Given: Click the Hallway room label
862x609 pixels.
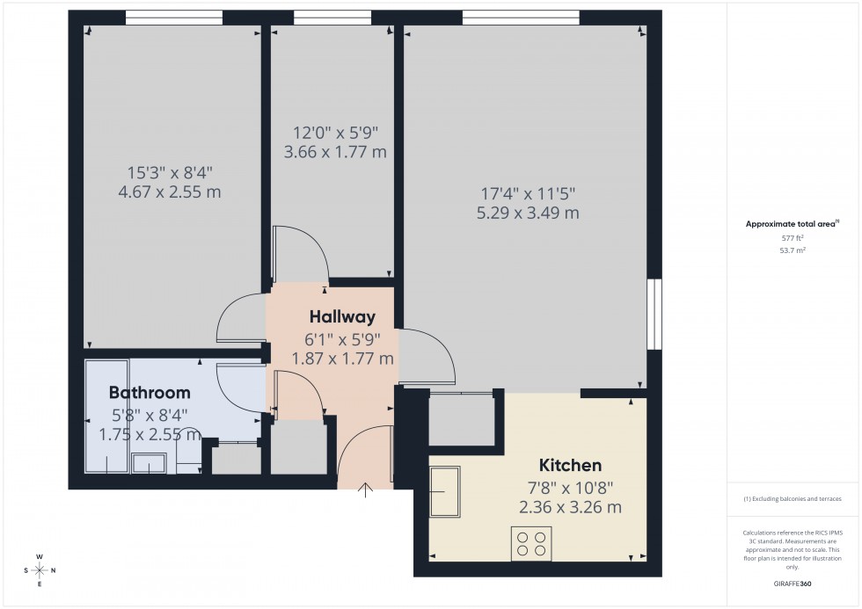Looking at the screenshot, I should coord(342,317).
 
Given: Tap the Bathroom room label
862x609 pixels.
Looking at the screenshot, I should coord(150,392).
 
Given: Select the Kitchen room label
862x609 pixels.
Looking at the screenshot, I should coord(571,466).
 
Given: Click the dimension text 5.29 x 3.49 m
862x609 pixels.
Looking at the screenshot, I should coord(529,213).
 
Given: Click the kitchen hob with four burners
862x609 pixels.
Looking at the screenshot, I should coord(531,543).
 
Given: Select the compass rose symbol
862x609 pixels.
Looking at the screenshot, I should coord(40,569).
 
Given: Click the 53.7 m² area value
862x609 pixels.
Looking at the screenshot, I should coord(793,250).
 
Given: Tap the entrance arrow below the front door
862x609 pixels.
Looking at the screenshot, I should coord(365,490).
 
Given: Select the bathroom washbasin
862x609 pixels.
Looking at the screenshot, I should coord(149,463).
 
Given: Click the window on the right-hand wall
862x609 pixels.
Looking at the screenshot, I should coord(654,314).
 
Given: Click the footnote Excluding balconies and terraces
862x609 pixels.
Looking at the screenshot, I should coord(793,498).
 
